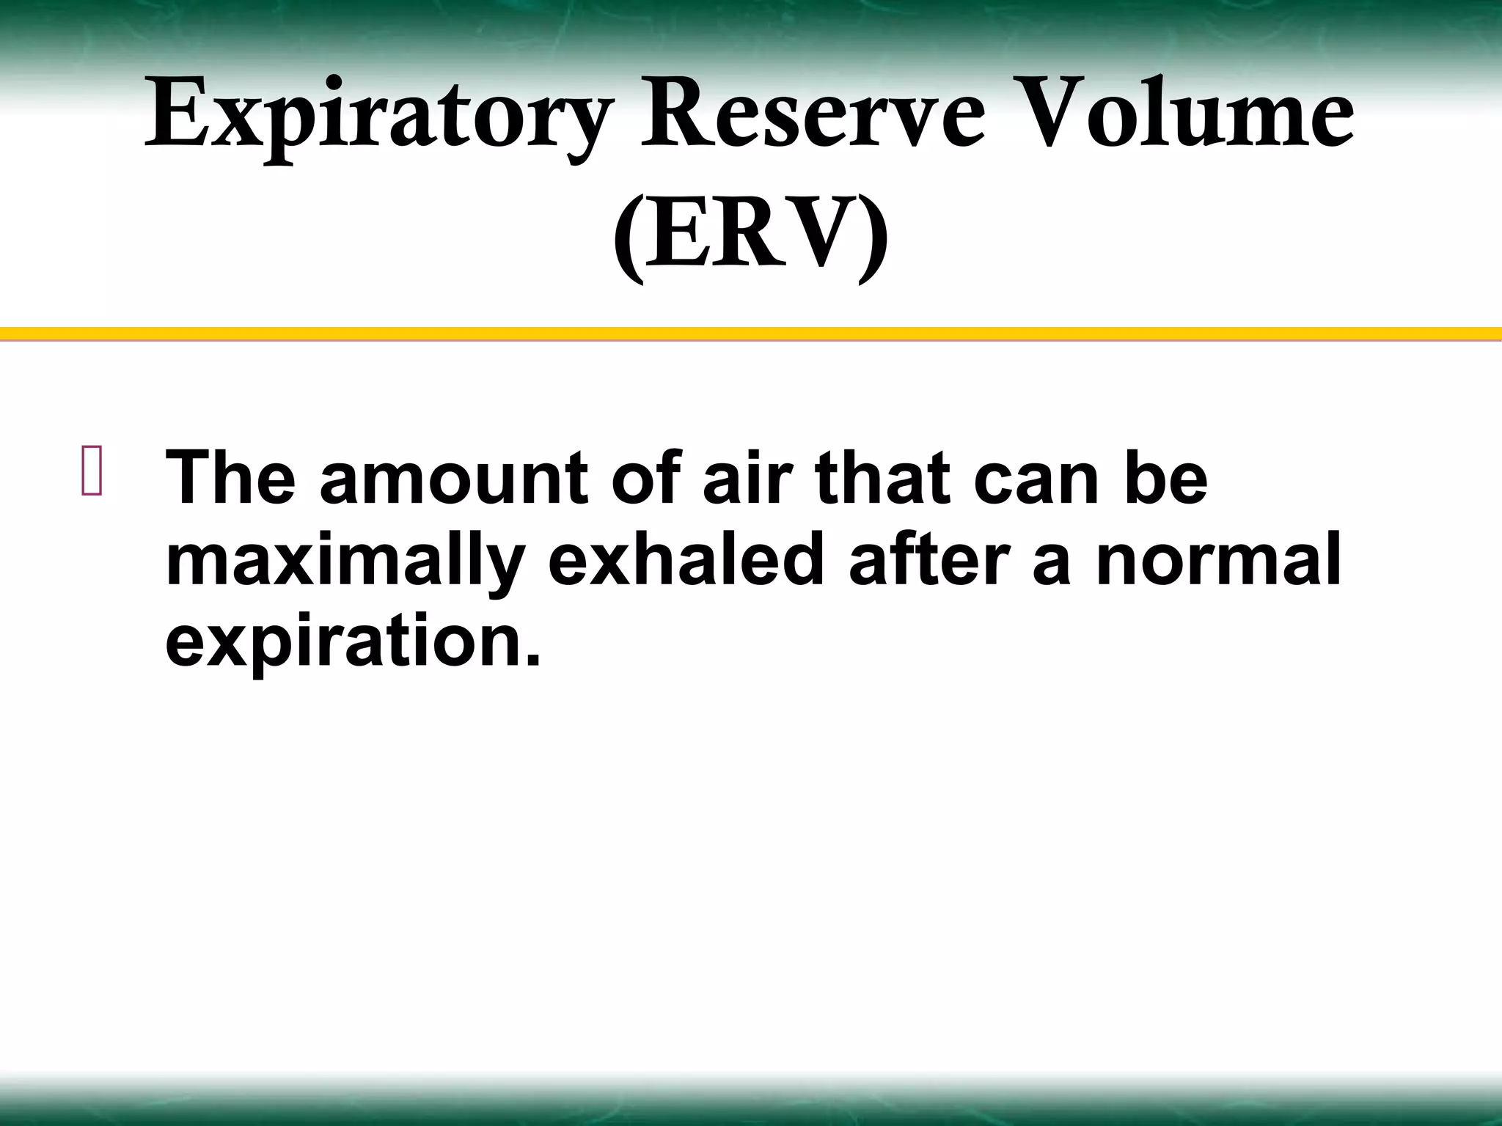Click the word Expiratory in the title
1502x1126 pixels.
pyautogui.click(x=378, y=117)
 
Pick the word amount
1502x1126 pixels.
pyautogui.click(x=453, y=479)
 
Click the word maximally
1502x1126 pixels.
pyautogui.click(x=345, y=563)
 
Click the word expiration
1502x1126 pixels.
pyautogui.click(x=343, y=644)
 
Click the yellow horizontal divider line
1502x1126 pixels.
pyautogui.click(x=751, y=334)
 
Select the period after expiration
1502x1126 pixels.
pyautogui.click(x=533, y=660)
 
